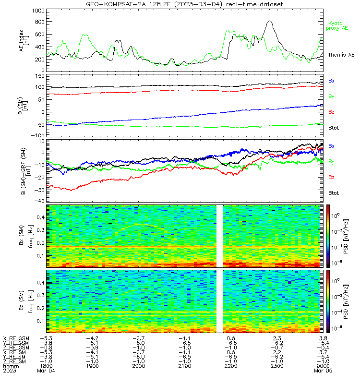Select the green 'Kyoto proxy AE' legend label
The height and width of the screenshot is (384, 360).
coord(337,26)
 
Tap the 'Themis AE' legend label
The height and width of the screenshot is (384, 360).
coord(341,55)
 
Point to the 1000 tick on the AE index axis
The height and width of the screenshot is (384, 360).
coord(38,11)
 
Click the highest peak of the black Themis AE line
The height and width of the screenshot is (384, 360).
coord(269,21)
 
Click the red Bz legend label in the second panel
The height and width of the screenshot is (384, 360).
coord(331,112)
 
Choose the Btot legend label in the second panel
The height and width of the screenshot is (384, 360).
coord(333,128)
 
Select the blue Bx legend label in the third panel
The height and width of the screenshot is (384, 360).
coord(331,146)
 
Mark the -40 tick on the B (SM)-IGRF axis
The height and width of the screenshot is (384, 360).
coord(39,201)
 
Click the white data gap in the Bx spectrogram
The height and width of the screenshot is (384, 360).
coord(219,236)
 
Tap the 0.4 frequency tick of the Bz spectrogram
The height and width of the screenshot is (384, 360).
coord(41,283)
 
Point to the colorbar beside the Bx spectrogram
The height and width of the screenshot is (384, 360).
coord(328,236)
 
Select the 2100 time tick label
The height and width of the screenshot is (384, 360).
coord(185,366)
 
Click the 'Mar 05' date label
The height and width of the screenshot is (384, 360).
coord(323,371)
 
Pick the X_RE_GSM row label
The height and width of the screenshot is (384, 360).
coord(16,338)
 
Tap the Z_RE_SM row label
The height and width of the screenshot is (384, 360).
coord(14,361)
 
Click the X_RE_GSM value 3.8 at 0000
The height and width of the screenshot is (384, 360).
coord(323,338)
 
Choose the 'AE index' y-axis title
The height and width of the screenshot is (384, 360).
coord(24,40)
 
